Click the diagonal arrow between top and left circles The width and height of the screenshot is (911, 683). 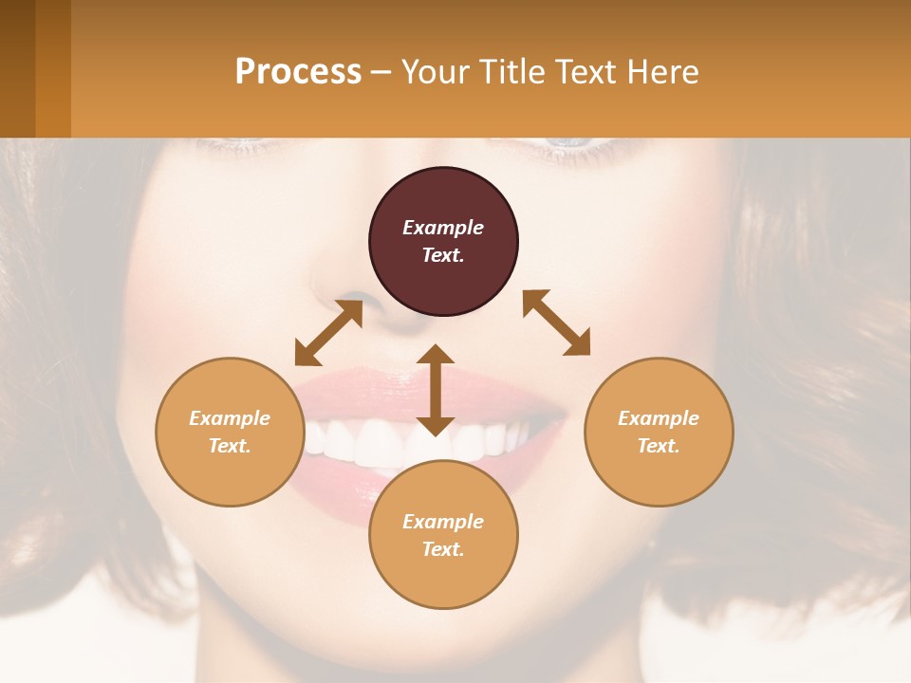tap(328, 333)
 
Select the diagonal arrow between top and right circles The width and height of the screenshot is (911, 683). tap(556, 323)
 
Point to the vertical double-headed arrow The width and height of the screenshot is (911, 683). tap(436, 390)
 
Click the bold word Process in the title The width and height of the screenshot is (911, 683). tap(298, 72)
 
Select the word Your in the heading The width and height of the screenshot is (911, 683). tap(433, 72)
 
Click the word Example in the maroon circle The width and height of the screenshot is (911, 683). tap(443, 228)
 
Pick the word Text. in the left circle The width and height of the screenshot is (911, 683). tap(230, 446)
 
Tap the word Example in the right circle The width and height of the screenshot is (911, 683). tap(659, 418)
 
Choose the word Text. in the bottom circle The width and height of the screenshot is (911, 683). tap(443, 549)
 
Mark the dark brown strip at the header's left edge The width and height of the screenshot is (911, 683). tap(17, 68)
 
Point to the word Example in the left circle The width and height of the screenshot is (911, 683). tap(230, 418)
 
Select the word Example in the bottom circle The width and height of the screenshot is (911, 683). tap(443, 522)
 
